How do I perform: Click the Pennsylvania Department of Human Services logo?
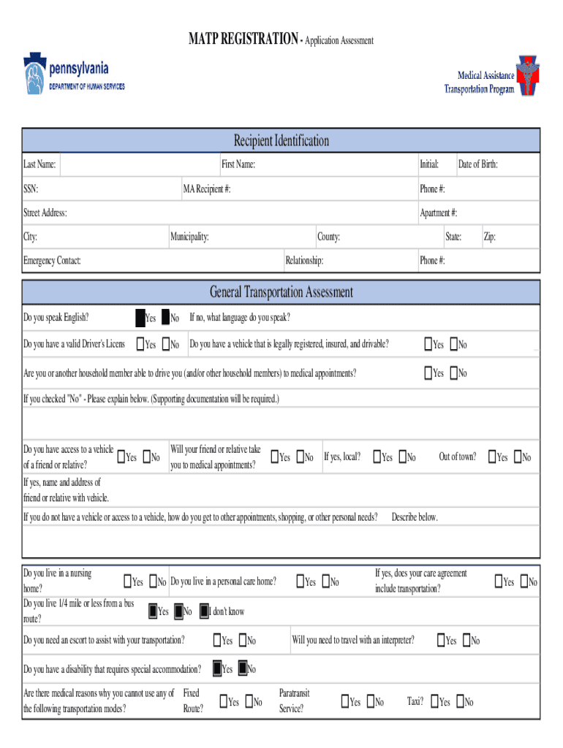(75, 75)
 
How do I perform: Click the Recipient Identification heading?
(281, 140)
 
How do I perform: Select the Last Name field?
(139, 165)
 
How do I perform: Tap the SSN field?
(110, 189)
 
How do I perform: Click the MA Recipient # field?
(322, 189)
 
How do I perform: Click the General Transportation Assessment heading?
(281, 292)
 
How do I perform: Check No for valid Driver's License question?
(166, 344)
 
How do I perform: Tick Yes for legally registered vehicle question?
(428, 344)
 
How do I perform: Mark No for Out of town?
(518, 457)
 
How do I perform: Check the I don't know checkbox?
(205, 611)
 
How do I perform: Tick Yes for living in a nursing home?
(128, 582)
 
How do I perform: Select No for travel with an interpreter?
(465, 641)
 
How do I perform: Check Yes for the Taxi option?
(434, 702)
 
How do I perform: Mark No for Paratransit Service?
(370, 702)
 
